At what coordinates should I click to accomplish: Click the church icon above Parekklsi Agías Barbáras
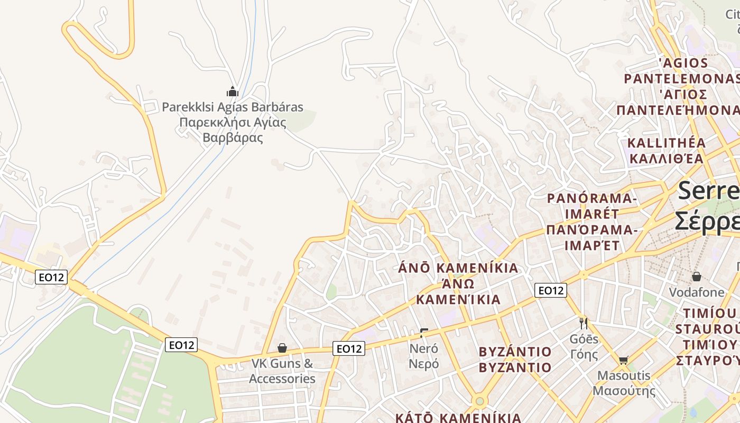pyautogui.click(x=233, y=91)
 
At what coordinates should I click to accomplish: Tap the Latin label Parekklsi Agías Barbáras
pyautogui.click(x=233, y=107)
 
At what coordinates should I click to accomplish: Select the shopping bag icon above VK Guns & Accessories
pyautogui.click(x=282, y=348)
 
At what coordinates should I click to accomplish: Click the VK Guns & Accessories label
pyautogui.click(x=282, y=371)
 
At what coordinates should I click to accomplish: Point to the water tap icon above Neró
pyautogui.click(x=423, y=333)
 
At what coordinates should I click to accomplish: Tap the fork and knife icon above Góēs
pyautogui.click(x=584, y=323)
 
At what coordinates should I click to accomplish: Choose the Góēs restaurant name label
pyautogui.click(x=584, y=339)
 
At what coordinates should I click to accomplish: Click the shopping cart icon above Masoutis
pyautogui.click(x=624, y=360)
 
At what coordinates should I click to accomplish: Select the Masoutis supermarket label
pyautogui.click(x=624, y=376)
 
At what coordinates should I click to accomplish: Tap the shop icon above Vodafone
pyautogui.click(x=697, y=277)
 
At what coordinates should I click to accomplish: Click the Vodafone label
pyautogui.click(x=697, y=292)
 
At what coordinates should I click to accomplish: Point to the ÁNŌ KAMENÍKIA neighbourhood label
pyautogui.click(x=458, y=268)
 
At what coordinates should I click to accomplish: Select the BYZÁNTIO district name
pyautogui.click(x=515, y=352)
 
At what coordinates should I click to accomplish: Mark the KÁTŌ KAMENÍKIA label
pyautogui.click(x=458, y=418)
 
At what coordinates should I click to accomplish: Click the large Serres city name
pyautogui.click(x=708, y=190)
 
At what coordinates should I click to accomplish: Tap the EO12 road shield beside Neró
pyautogui.click(x=349, y=348)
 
